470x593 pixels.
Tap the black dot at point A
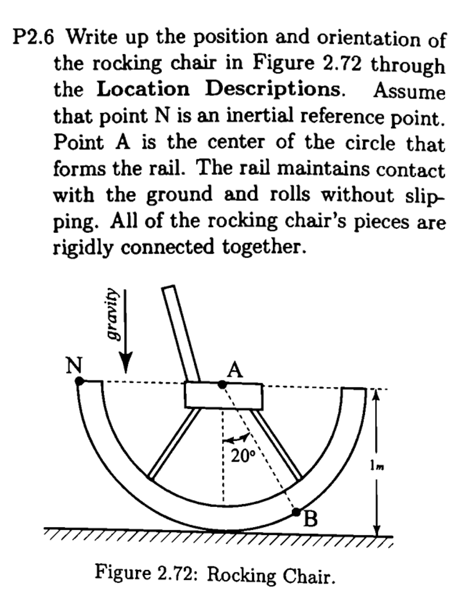pyautogui.click(x=223, y=384)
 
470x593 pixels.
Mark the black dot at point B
pyautogui.click(x=296, y=512)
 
